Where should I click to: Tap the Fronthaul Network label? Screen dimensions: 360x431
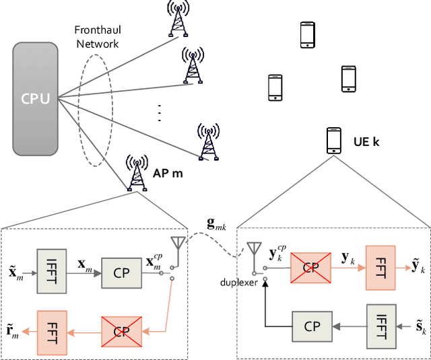click(97, 38)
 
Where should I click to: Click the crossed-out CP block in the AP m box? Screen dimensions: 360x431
click(121, 330)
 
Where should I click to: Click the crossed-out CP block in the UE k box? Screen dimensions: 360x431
click(310, 267)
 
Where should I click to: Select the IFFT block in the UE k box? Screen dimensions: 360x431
click(383, 326)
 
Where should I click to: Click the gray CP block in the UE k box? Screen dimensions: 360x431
click(310, 326)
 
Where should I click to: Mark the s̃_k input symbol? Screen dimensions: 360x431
click(422, 327)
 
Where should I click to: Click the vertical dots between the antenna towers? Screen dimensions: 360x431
click(160, 112)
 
